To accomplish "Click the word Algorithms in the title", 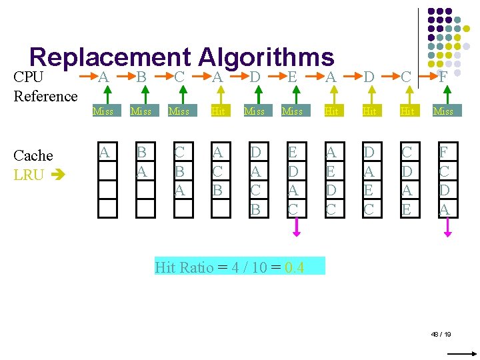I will click(266, 59).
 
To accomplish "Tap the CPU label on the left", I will click(28, 77).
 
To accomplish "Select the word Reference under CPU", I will click(45, 96).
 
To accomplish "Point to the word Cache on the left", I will click(33, 155).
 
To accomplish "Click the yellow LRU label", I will click(29, 175).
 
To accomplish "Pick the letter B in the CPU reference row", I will click(141, 77).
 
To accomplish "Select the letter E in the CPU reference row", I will click(293, 77).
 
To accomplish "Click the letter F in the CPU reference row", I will click(443, 77).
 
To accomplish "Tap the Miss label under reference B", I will click(141, 111).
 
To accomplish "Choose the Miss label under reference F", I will click(443, 111).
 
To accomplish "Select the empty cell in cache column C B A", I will click(179, 209).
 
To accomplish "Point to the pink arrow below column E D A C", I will click(297, 228).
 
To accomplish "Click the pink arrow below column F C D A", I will click(449, 228).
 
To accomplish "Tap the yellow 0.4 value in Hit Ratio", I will click(294, 267).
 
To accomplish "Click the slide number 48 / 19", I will click(441, 333).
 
